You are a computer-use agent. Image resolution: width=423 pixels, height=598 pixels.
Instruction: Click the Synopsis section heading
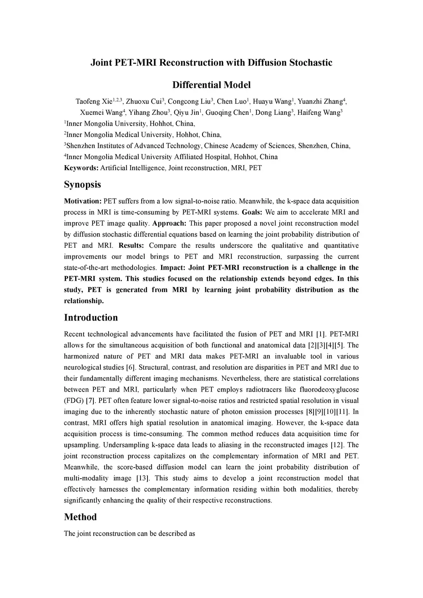click(82, 185)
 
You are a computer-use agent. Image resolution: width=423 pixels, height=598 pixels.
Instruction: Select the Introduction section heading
click(90, 318)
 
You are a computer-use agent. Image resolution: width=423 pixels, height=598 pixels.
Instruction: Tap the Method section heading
click(80, 517)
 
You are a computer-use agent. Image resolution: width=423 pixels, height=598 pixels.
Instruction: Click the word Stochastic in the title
click(310, 63)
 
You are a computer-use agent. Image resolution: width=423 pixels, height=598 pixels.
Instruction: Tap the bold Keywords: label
click(81, 168)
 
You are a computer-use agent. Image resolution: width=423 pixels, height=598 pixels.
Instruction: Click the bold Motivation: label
click(83, 202)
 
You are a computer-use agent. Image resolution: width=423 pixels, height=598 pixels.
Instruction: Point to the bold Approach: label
click(169, 224)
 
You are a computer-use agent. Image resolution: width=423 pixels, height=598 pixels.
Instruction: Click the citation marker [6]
click(131, 368)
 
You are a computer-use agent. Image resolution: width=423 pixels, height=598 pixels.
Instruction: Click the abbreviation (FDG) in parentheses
click(73, 401)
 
